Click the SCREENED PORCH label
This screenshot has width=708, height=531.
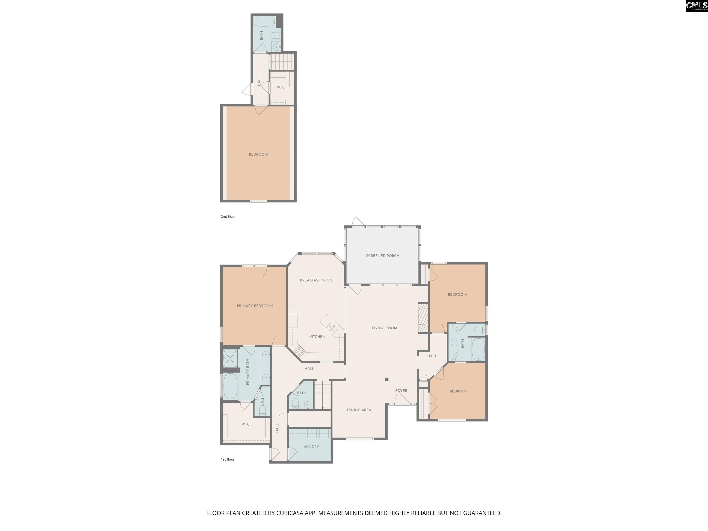point(383,256)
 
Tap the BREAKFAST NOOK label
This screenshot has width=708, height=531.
point(316,280)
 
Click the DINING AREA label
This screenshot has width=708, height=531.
point(359,410)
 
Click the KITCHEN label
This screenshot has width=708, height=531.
point(317,336)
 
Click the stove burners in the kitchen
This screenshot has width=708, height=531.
point(299,351)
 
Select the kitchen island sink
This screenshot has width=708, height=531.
point(332,328)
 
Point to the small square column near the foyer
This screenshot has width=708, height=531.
point(387,379)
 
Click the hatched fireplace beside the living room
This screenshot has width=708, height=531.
point(423,318)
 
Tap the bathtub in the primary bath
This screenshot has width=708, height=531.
point(230,386)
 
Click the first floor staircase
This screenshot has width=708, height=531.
point(322,395)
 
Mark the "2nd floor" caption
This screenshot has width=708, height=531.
point(228,216)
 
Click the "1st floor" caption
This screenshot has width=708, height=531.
point(227,459)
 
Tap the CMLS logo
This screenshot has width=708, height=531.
point(696,6)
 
